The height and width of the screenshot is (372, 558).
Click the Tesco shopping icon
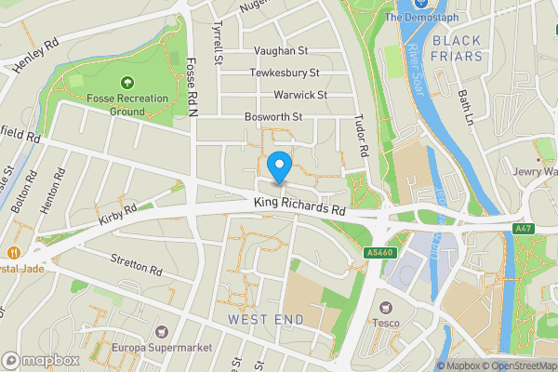[x=383, y=307]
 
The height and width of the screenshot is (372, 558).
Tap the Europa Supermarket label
[x=162, y=347]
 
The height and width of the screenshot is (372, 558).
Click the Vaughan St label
[x=280, y=52]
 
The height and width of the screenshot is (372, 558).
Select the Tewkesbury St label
[x=285, y=73]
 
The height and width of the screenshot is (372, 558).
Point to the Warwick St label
[x=299, y=95]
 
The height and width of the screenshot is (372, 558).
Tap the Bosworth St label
[x=274, y=117]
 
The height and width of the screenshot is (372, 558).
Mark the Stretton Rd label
[x=137, y=265]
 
